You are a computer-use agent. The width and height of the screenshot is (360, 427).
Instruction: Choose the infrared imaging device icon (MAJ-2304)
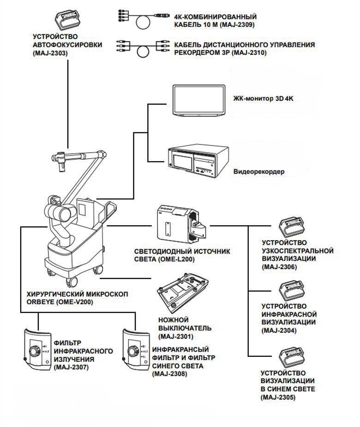tap(293, 291)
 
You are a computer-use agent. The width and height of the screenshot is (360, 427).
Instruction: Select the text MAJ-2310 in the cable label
tap(250, 53)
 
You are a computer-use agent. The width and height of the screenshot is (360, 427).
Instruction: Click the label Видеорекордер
tap(258, 172)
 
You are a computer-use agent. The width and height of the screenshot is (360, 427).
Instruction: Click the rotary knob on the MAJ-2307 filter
tap(33, 351)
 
